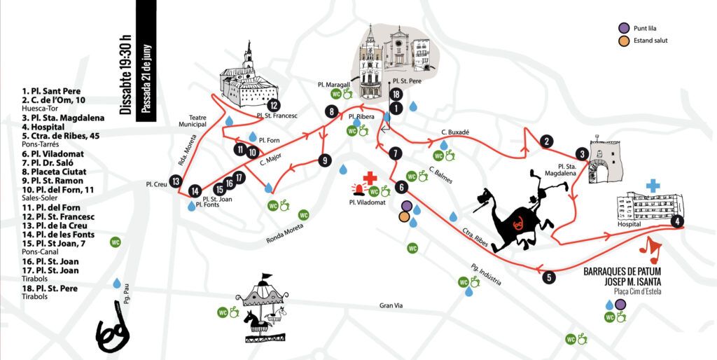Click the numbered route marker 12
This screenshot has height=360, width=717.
pos(274,105)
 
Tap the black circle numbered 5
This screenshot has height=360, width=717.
pos(549,277)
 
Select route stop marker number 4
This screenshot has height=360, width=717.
pos(677,221)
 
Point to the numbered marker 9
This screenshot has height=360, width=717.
pos(324,160)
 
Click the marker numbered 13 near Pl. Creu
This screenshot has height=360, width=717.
pos(175,181)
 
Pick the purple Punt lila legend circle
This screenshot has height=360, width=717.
pos(622,28)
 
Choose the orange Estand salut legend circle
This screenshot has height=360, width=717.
pos(622,41)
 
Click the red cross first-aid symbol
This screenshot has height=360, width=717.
pos(370,178)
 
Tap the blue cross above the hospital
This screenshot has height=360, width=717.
pos(653,186)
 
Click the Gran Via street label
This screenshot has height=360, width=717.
pos(391,305)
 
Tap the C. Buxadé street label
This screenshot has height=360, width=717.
pos(455,132)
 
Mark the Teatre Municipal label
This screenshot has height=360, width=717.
pos(193,120)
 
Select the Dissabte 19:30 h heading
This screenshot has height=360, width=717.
pos(125,74)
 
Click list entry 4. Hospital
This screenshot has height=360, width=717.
pos(43,127)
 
